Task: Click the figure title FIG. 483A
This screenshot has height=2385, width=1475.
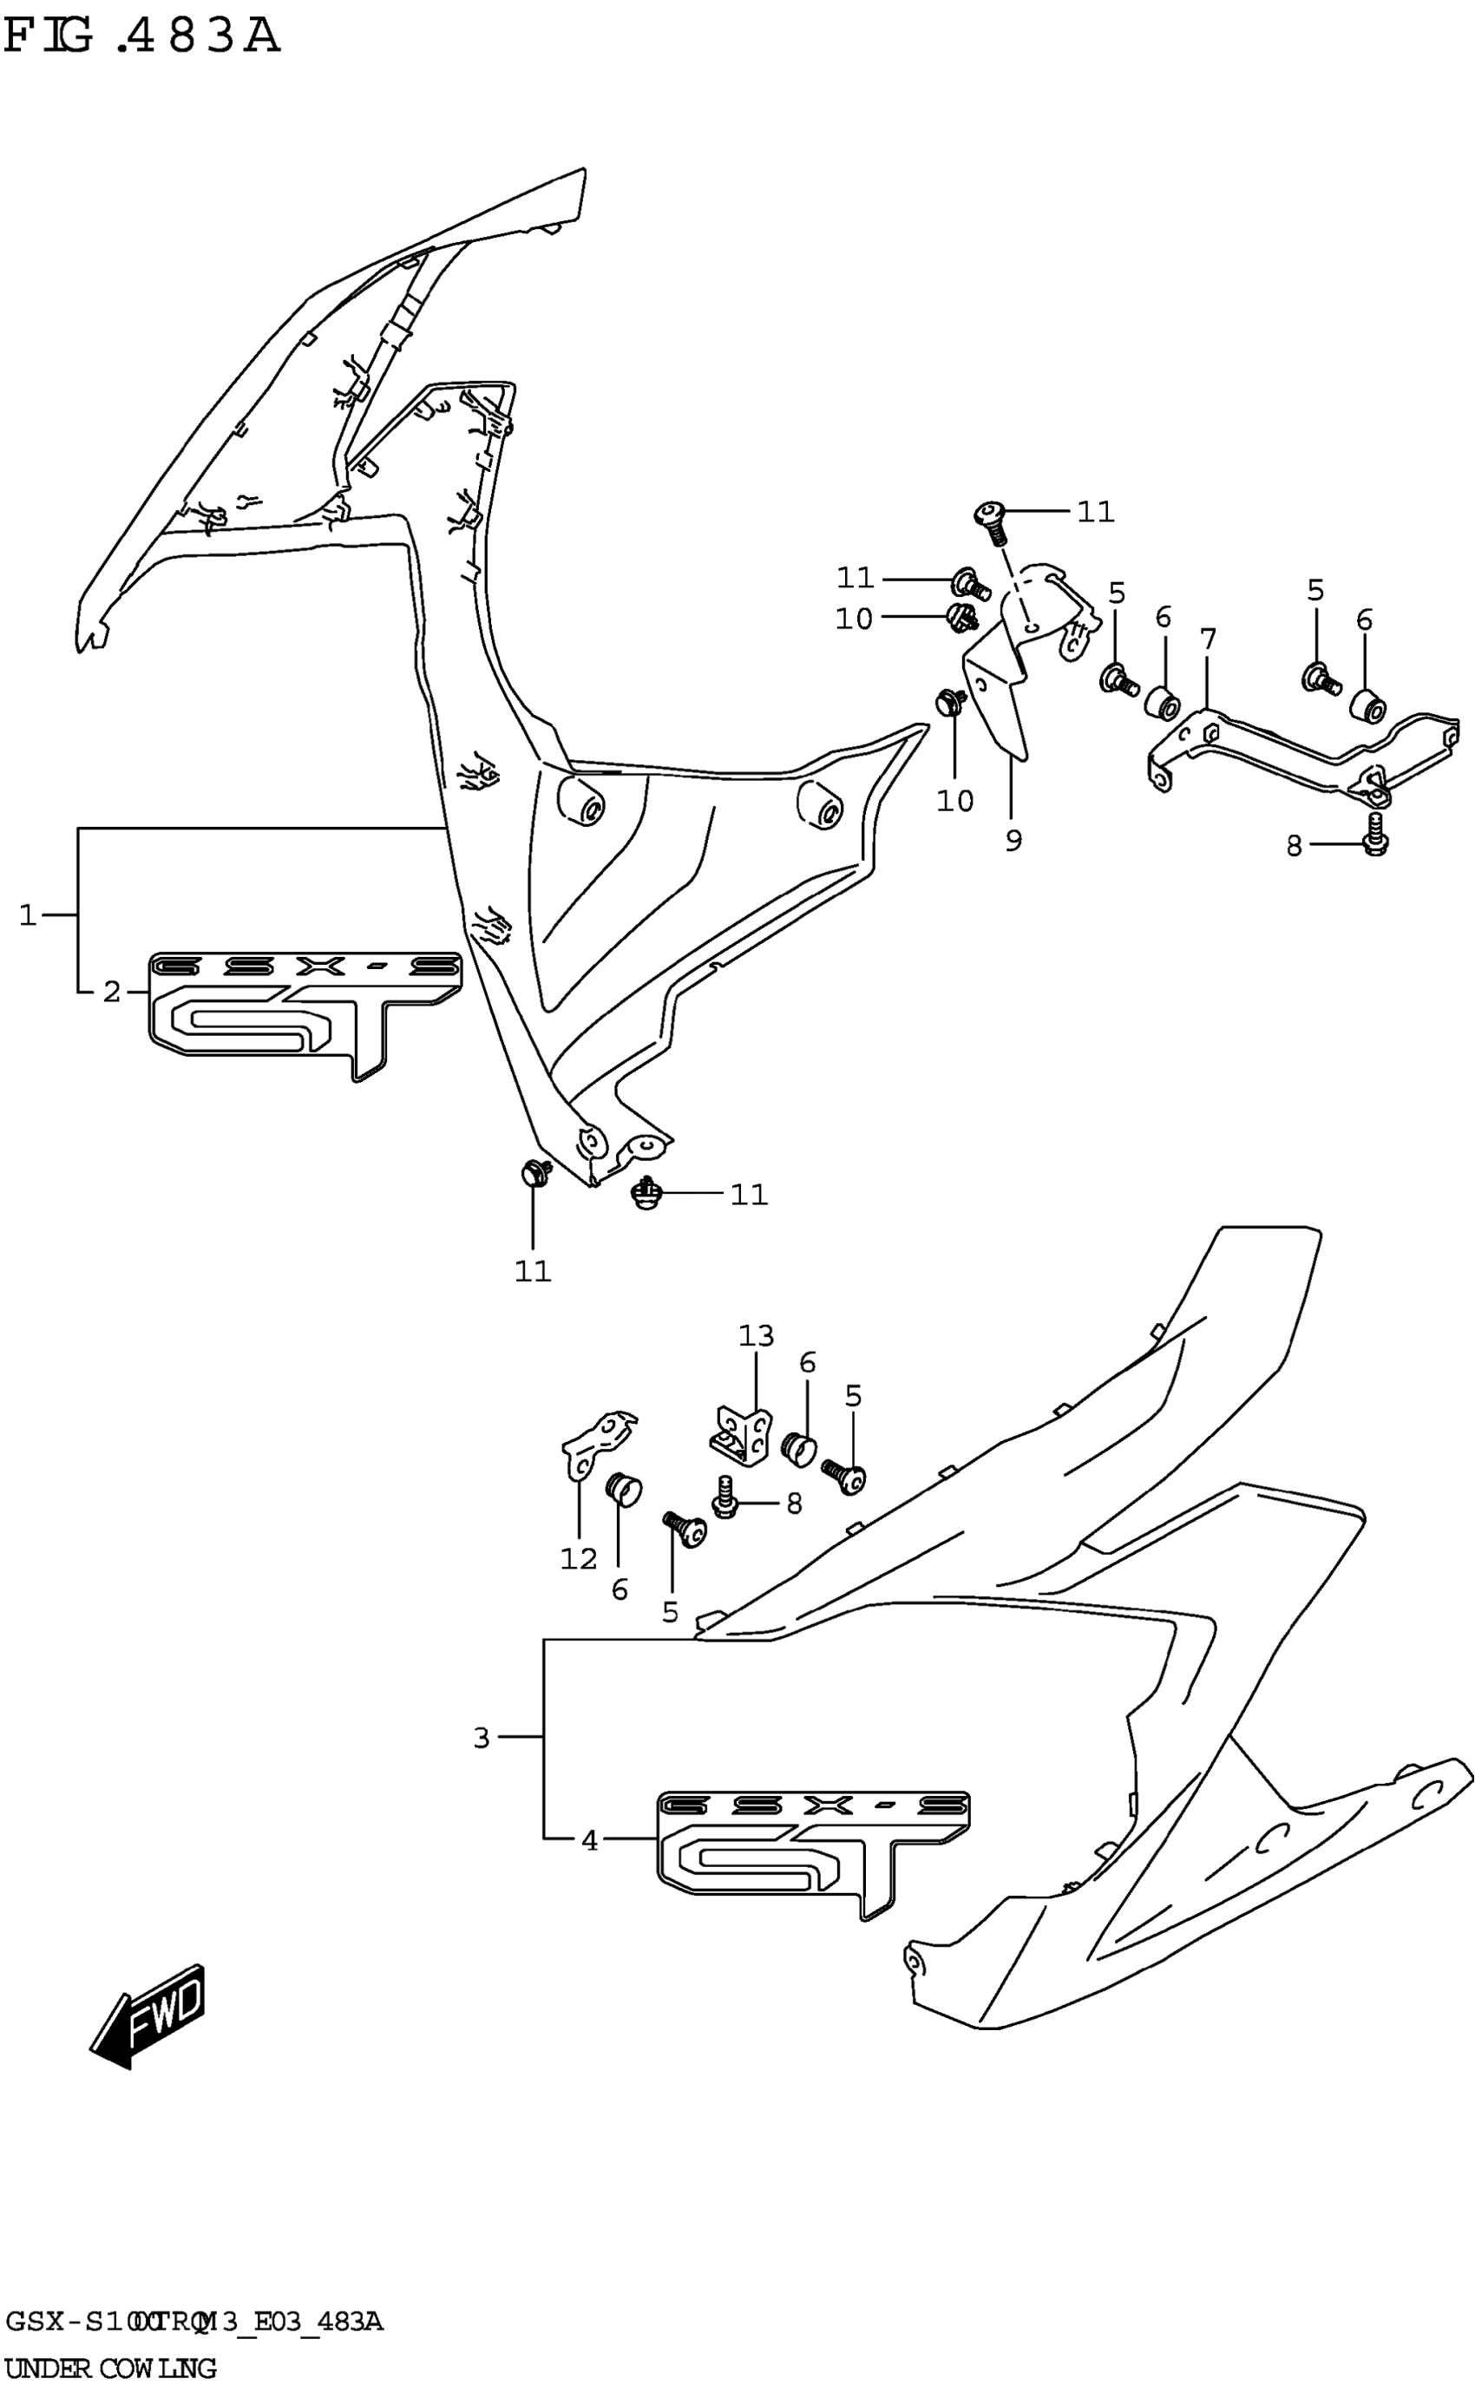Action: pos(141,36)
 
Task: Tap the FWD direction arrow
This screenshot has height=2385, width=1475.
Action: pos(148,2015)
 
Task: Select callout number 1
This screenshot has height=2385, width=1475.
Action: pos(27,915)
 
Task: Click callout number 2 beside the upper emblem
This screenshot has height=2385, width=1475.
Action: pos(112,992)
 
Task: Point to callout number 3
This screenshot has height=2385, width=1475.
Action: pos(481,1737)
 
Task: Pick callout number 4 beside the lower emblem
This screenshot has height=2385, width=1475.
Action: pos(589,1841)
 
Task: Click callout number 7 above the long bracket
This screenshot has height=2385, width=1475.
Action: pos(1208,640)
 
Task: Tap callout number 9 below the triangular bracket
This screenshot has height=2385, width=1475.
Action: pos(1013,839)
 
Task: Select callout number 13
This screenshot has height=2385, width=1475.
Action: pos(756,1335)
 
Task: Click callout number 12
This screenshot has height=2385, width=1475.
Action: pos(578,1559)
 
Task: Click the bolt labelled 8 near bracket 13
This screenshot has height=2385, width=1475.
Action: pos(724,1498)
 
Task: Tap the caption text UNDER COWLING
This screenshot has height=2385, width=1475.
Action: pos(110,2368)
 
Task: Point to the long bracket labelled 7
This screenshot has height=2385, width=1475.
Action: pos(1297,752)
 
